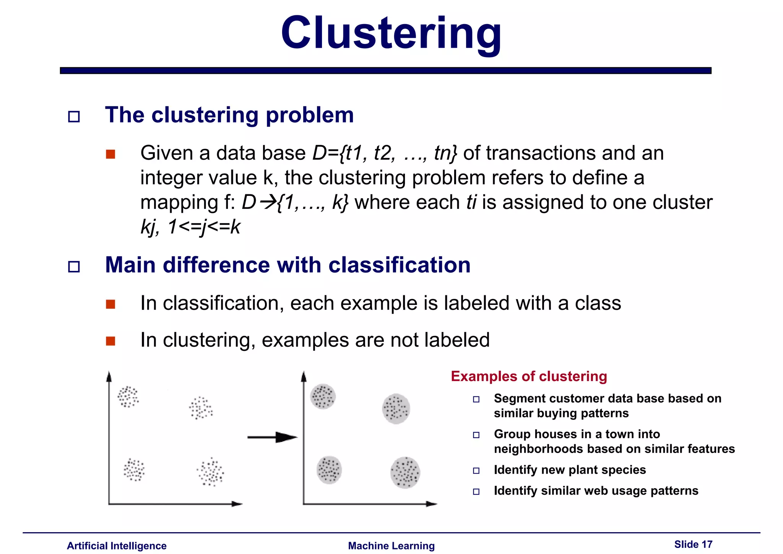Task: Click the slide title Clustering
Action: [x=391, y=34]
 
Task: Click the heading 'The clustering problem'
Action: [x=229, y=115]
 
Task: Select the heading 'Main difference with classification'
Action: [x=288, y=265]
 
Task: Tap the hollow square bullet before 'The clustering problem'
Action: [x=74, y=116]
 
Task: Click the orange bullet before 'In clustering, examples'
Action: [x=110, y=341]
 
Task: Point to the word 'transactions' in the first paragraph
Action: [x=541, y=153]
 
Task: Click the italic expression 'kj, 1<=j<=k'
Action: [x=190, y=227]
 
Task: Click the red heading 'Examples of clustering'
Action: [x=529, y=376]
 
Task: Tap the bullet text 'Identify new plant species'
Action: [x=570, y=470]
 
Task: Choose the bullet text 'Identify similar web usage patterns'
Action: [x=596, y=491]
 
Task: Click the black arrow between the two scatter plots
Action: [x=272, y=437]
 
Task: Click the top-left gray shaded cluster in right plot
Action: [x=323, y=396]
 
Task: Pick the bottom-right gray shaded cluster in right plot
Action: [x=405, y=473]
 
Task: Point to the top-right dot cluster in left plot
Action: [x=201, y=408]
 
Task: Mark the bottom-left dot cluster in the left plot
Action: [x=134, y=469]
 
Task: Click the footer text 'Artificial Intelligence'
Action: [x=117, y=546]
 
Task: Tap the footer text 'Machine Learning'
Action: [x=391, y=546]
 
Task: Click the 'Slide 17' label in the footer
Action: [x=693, y=544]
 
